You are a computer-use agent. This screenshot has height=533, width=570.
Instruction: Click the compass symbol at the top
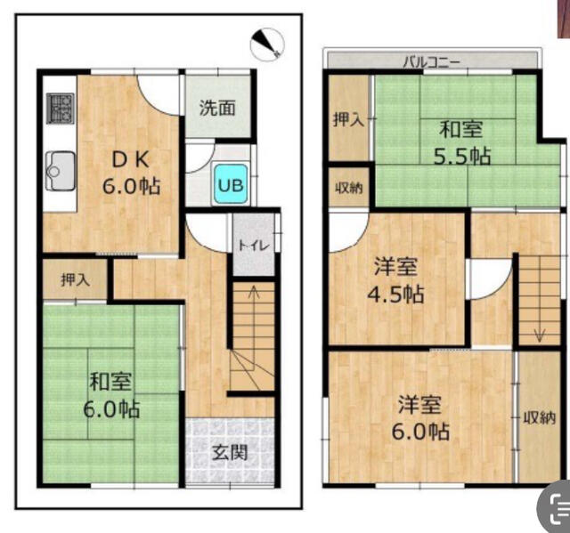[267, 41]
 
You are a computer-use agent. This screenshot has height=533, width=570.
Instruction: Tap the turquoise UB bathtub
[231, 185]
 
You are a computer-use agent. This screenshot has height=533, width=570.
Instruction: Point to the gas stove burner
[60, 109]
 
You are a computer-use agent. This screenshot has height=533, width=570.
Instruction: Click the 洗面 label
[216, 109]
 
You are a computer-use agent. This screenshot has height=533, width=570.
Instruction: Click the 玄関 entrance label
[229, 451]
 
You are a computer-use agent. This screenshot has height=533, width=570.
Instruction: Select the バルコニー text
[432, 62]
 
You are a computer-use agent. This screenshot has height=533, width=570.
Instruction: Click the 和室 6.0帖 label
[113, 396]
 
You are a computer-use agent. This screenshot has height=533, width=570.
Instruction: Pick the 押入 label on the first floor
[76, 279]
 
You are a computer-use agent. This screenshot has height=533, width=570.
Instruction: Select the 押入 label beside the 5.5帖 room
[348, 120]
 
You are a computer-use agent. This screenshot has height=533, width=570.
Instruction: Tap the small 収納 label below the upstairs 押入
[348, 188]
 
